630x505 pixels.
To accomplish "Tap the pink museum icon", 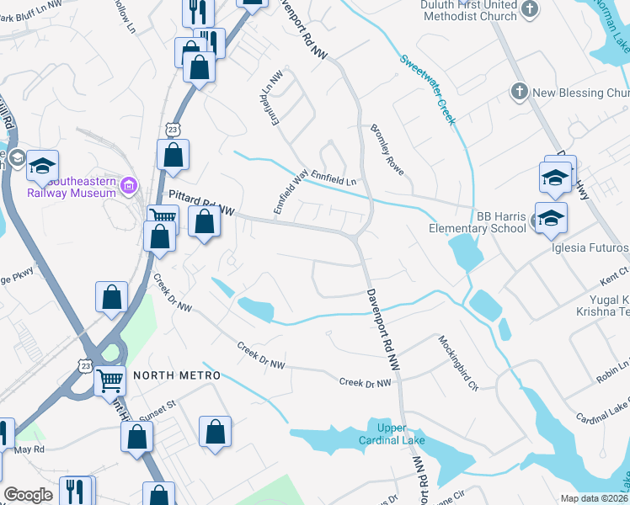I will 129,185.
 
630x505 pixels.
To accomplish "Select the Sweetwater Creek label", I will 428,89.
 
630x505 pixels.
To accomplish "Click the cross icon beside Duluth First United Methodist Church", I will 530,8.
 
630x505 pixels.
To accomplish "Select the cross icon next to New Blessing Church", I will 520,91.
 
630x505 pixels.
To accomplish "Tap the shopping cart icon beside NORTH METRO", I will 110,380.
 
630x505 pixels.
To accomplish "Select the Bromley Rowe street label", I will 387,149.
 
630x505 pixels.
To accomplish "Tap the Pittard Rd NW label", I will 200,202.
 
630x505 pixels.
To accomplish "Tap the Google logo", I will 28,495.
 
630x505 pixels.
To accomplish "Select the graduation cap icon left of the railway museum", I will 42,166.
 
